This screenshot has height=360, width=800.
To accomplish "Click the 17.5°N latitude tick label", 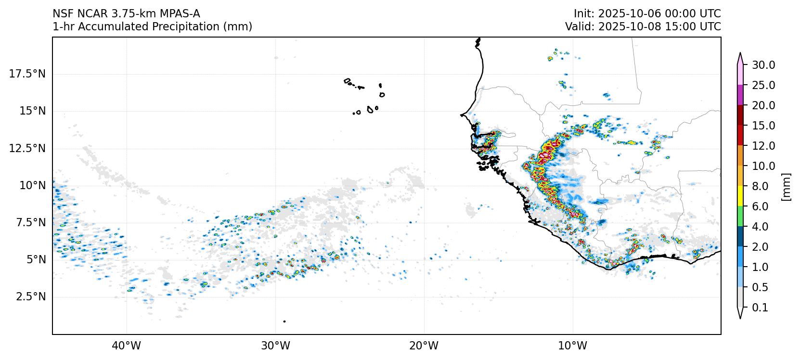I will pyautogui.click(x=27, y=74).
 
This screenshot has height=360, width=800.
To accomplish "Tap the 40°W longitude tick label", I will pyautogui.click(x=127, y=346).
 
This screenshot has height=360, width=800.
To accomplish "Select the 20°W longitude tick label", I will pyautogui.click(x=424, y=346).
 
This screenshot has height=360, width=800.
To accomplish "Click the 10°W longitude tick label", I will pyautogui.click(x=573, y=346).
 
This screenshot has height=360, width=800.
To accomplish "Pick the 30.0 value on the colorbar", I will pyautogui.click(x=763, y=65).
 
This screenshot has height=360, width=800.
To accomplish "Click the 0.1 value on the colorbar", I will pyautogui.click(x=760, y=308).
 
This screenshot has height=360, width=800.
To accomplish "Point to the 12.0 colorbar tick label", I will pyautogui.click(x=763, y=146).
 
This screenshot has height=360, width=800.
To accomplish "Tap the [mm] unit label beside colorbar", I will pyautogui.click(x=786, y=187).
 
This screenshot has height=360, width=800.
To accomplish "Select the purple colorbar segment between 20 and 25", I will pyautogui.click(x=740, y=95).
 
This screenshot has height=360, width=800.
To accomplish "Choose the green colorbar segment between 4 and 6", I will pyautogui.click(x=740, y=217).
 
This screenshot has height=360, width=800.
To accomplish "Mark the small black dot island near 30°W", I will pyautogui.click(x=284, y=321).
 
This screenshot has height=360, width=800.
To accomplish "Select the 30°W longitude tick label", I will pyautogui.click(x=275, y=346).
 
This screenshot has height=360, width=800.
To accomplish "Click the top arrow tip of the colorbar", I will pyautogui.click(x=740, y=54).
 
